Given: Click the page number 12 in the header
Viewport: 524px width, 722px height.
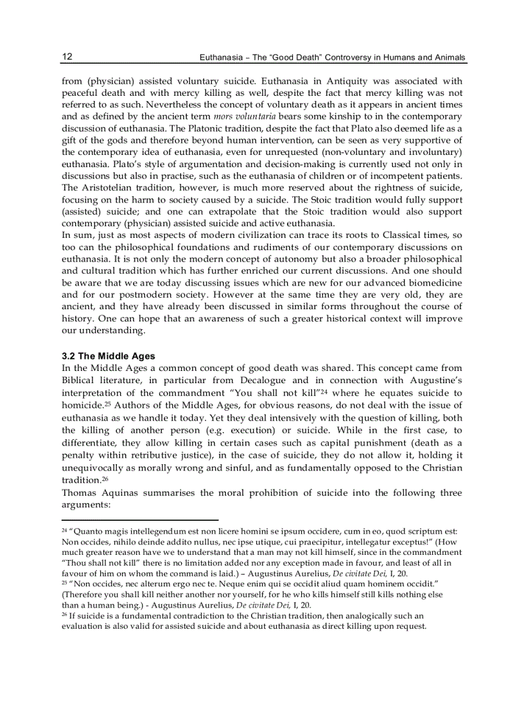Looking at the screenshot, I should coord(67,57).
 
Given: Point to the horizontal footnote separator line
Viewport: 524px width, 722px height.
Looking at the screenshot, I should coord(140,519).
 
